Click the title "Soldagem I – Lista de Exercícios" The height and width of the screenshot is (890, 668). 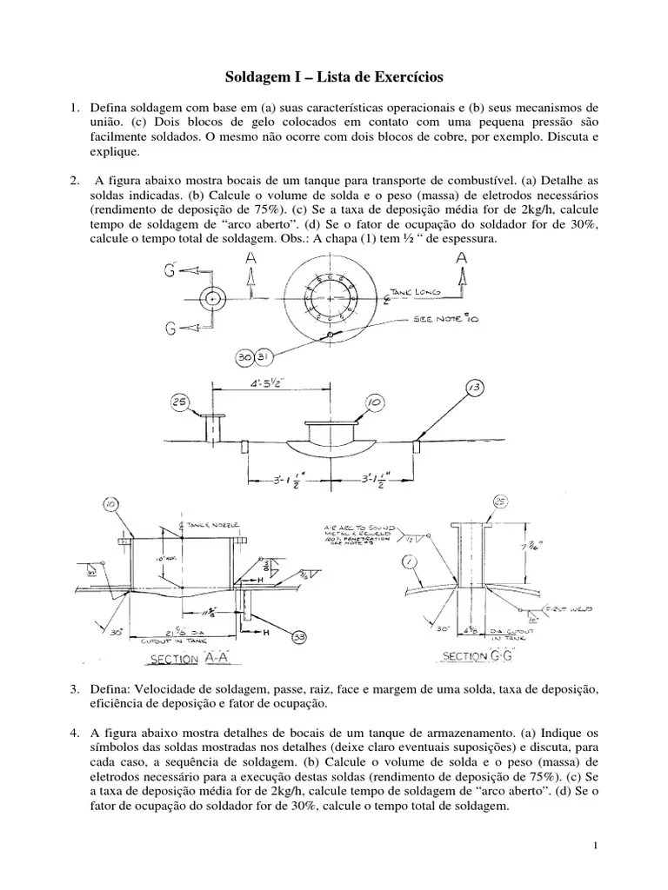point(334,78)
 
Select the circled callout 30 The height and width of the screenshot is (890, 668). point(245,357)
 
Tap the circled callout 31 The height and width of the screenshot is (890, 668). point(264,357)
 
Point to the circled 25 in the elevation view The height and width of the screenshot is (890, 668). point(181,402)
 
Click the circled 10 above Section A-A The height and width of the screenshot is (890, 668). point(110,505)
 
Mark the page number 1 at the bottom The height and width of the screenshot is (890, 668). point(593,846)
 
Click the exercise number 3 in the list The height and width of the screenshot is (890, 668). point(75,688)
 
